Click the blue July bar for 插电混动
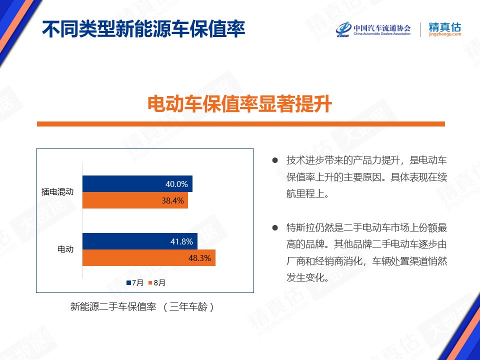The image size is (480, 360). (x=137, y=183)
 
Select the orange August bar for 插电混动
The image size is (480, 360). (x=135, y=200)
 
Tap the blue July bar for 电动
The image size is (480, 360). (x=140, y=241)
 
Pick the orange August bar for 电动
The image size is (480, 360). (x=149, y=258)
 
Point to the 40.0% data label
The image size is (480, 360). (x=176, y=184)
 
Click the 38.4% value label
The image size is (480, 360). (x=172, y=200)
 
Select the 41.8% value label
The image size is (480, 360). (x=181, y=241)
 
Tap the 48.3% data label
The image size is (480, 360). (x=199, y=258)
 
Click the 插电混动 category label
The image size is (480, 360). (x=57, y=192)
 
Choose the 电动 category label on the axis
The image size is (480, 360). (x=65, y=249)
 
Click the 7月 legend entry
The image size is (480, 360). (x=135, y=283)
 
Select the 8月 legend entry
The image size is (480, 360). (x=156, y=283)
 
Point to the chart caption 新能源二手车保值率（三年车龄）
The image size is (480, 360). (x=142, y=306)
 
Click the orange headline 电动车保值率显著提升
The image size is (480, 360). (x=239, y=104)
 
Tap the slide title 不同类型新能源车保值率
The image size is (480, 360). (x=143, y=29)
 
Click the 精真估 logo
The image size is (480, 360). (x=445, y=29)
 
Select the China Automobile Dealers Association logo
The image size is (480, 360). (x=373, y=29)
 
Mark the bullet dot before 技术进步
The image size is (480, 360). (x=275, y=160)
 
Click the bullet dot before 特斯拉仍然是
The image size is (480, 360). (x=275, y=228)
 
